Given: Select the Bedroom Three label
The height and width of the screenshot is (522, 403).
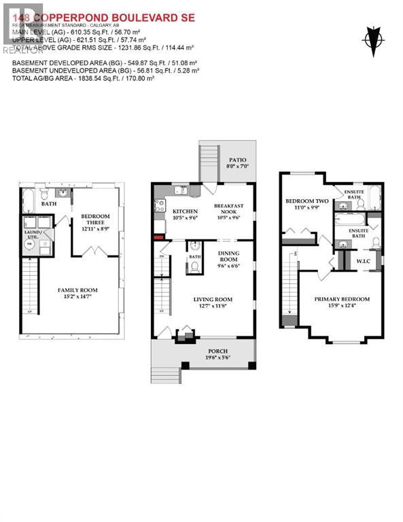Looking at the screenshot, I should click(x=95, y=220).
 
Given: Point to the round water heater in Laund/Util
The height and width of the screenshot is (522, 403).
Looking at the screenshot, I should click(x=29, y=249).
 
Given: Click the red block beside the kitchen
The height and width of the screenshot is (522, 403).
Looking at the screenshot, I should click(x=158, y=237).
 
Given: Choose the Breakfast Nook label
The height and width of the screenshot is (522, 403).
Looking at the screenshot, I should click(x=229, y=209).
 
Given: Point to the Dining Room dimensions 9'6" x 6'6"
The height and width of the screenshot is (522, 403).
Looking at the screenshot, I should click(x=229, y=266).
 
